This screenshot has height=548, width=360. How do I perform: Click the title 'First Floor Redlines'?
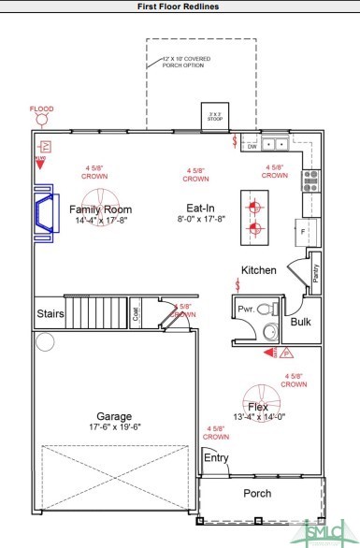[180, 7]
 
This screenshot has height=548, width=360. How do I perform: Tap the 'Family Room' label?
[100, 209]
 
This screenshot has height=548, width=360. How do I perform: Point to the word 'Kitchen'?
[259, 270]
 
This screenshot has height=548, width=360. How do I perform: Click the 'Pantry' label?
[315, 273]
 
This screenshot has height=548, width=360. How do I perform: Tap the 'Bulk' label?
[300, 323]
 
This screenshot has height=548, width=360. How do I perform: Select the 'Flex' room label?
[258, 407]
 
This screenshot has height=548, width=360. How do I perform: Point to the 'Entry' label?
[216, 457]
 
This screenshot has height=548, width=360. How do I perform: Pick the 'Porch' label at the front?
[257, 494]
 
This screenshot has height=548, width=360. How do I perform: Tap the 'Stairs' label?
[50, 314]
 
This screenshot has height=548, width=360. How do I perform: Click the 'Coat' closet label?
[136, 315]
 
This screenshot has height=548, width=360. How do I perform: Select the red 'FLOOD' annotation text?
[42, 108]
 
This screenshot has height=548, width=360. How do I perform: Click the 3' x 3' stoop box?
[216, 117]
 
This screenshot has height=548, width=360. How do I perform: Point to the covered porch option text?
[191, 63]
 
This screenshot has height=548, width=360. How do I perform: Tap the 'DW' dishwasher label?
[252, 147]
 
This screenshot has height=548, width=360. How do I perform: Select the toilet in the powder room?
[266, 308]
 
